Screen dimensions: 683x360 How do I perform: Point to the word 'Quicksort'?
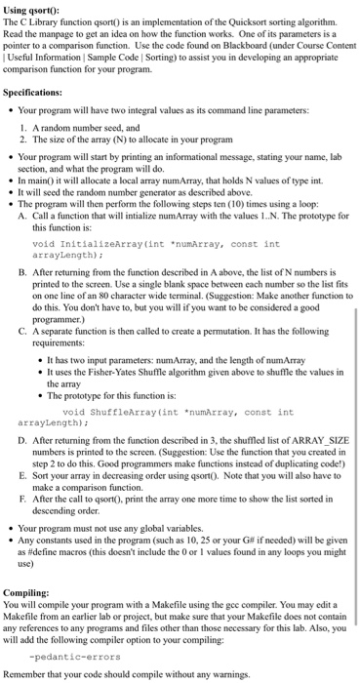click(238, 21)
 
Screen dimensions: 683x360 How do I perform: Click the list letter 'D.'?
click(22, 440)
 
